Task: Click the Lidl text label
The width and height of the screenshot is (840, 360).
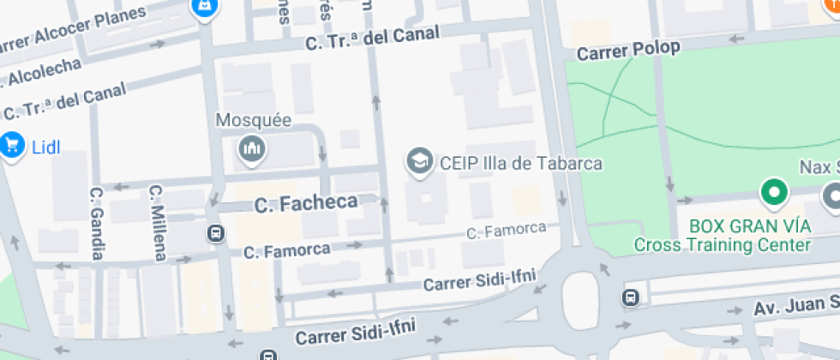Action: coord(47,147)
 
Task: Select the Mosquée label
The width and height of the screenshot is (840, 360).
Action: coord(253,121)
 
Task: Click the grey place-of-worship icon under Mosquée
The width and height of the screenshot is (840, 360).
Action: coord(252,149)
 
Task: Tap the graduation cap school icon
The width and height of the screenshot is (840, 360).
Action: coord(419,160)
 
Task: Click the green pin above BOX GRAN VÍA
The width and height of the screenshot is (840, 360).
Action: coord(776,193)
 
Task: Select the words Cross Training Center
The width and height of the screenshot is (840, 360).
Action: coord(722,245)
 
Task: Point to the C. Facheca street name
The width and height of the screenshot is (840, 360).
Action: coord(306,203)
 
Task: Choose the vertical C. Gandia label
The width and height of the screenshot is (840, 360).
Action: coord(97,223)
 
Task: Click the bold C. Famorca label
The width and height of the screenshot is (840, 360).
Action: coord(286,251)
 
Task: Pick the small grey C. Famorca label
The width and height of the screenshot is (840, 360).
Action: coord(506,230)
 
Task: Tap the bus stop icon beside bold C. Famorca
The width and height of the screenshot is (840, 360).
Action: coord(215,232)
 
